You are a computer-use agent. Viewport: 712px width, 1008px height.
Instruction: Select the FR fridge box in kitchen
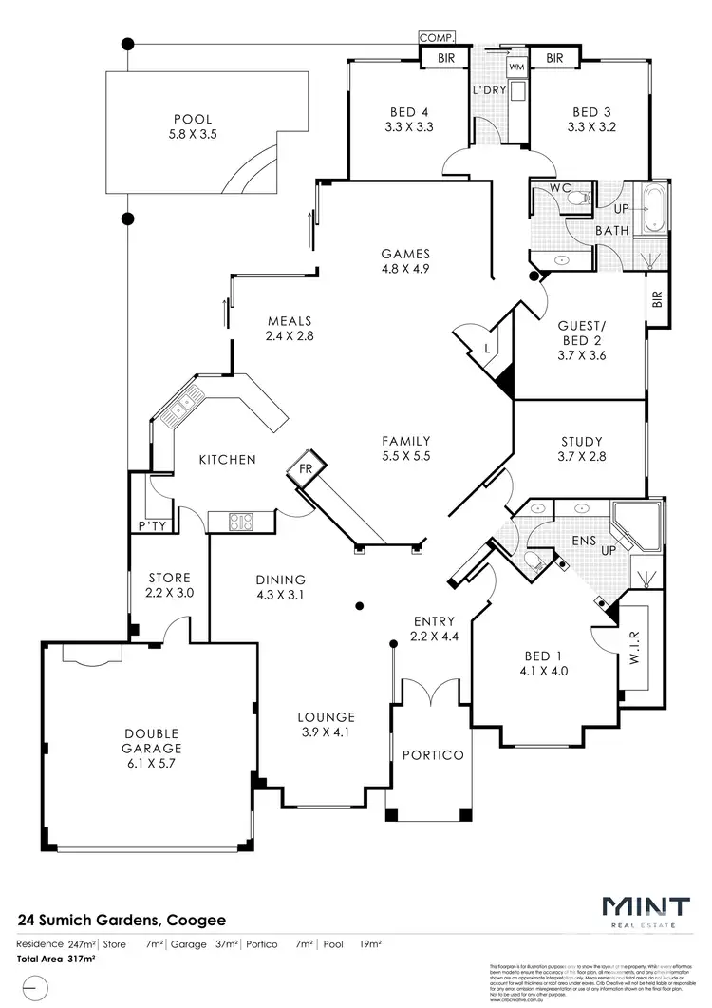coord(306,468)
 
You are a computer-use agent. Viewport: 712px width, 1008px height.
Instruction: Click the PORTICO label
coord(432,755)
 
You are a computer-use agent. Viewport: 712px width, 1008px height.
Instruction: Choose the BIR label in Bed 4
coord(445,59)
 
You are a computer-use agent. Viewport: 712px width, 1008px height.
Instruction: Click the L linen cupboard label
coord(486,349)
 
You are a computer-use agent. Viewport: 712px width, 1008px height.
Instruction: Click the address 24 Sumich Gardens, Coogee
coord(122,921)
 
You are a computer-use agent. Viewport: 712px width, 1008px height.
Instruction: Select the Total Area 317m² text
coord(56,960)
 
